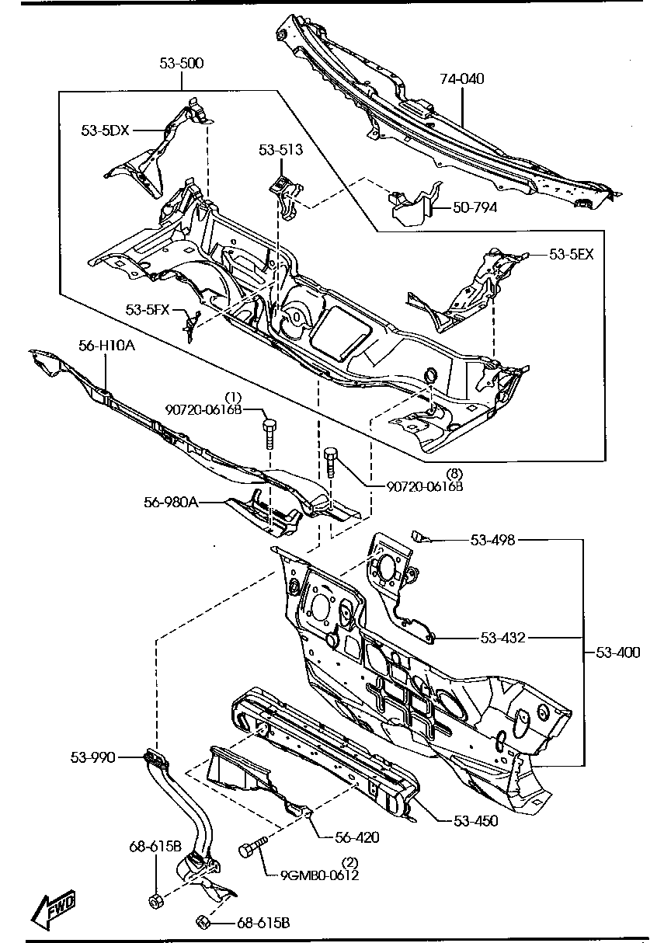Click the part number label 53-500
coord(182,63)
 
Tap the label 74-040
coord(462,78)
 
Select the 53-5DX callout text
coord(106,130)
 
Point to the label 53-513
coord(281,149)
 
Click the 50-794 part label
coord(475,207)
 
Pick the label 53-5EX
coord(572,254)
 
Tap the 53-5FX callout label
coord(148,310)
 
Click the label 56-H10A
coord(107,346)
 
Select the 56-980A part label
coord(172,503)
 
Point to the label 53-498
coord(492,540)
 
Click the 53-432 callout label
coord(503,638)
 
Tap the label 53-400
coord(618,652)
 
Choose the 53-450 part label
coord(475,820)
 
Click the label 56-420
coord(357,837)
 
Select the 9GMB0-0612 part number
coord(320,875)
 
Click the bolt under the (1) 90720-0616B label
coord(269,433)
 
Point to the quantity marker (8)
coord(454,474)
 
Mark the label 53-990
coord(92,757)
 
